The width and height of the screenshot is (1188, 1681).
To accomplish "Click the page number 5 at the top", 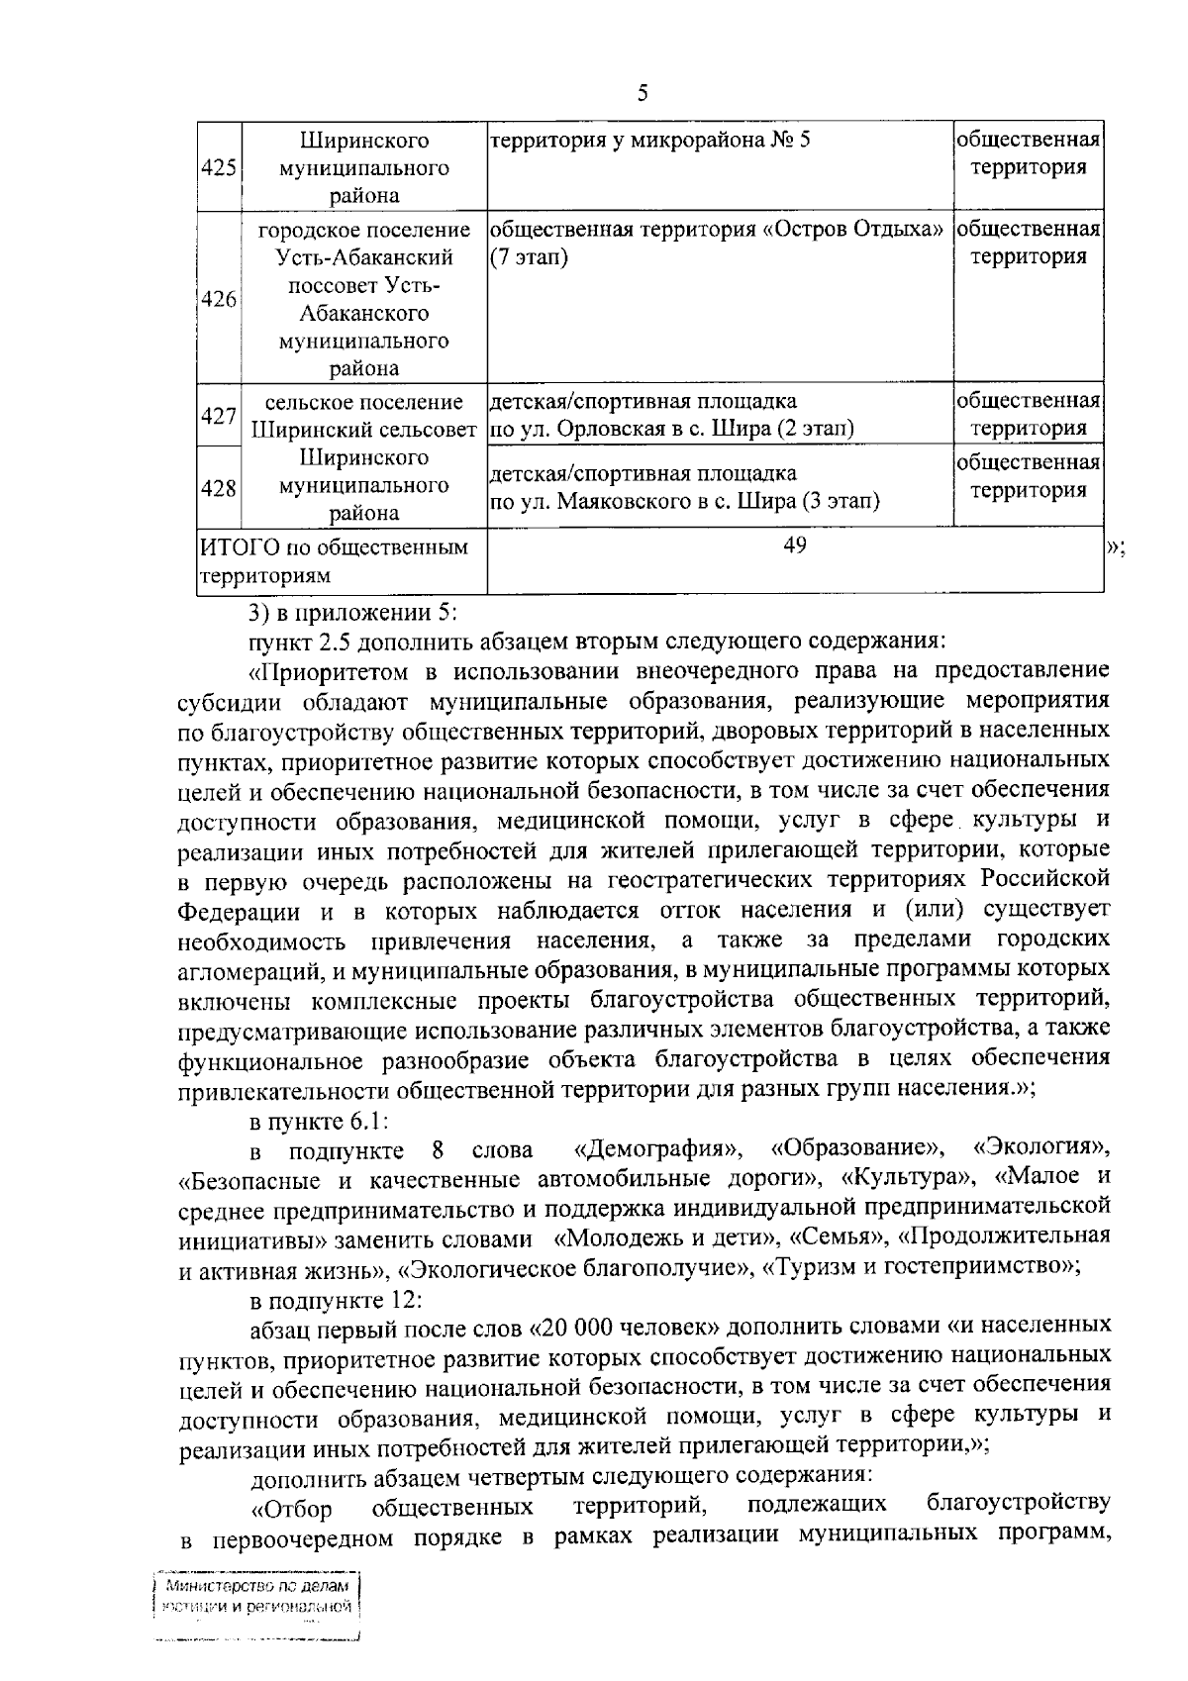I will click(643, 94).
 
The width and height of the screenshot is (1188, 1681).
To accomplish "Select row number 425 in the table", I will click(218, 167).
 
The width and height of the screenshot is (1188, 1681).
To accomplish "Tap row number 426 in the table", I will click(218, 299).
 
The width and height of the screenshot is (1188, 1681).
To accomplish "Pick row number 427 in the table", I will click(218, 416).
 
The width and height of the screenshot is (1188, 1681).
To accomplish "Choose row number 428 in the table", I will click(218, 487).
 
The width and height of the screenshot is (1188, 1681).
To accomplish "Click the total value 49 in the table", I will click(794, 545).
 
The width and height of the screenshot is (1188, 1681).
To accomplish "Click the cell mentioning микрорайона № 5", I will click(650, 140).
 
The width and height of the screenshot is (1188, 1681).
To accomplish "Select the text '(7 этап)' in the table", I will click(529, 257).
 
